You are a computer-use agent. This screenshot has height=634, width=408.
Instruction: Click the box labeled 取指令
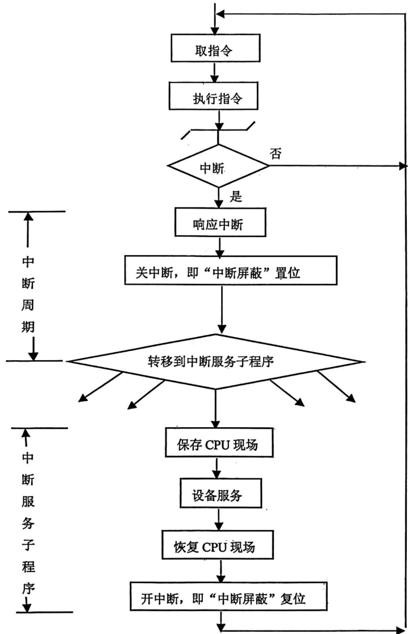coord(215,50)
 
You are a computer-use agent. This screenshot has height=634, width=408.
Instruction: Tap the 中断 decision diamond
coord(218,166)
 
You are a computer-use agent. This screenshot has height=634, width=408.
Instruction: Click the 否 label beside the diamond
coord(276,154)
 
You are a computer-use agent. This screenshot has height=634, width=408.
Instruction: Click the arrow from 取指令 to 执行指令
coord(215,73)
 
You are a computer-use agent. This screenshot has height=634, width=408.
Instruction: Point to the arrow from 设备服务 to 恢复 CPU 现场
coord(217,520)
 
